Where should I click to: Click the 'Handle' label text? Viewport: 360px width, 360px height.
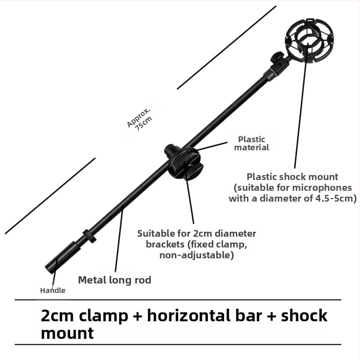[53, 290]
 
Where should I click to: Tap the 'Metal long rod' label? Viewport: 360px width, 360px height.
[115, 280]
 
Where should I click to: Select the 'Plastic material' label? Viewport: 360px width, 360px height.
[252, 143]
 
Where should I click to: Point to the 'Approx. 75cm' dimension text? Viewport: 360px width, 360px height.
[139, 119]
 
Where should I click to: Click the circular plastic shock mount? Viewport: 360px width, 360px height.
[309, 40]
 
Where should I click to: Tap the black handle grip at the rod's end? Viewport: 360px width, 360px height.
[63, 257]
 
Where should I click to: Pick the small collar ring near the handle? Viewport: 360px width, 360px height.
[89, 236]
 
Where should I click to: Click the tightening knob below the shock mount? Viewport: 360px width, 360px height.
[275, 58]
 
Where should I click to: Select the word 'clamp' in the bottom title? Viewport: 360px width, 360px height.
[103, 316]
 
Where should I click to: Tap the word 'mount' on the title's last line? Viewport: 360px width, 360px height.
[67, 333]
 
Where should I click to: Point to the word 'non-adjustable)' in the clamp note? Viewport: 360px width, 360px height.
[197, 255]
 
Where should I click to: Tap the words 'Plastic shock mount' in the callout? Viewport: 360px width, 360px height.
[292, 177]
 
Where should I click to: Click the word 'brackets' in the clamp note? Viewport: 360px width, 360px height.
[165, 244]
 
